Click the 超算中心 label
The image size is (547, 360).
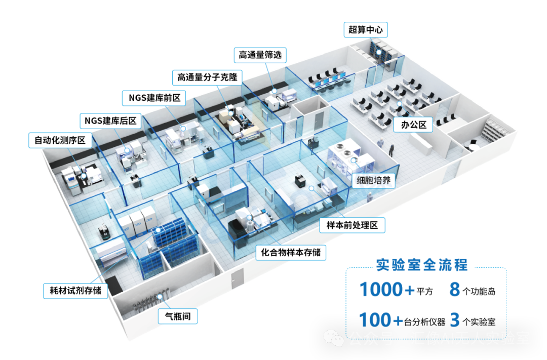click(365, 30)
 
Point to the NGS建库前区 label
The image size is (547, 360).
click(153, 98)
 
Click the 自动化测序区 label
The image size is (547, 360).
click(60, 140)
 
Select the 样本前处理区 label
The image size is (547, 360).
click(352, 225)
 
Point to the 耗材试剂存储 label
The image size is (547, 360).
click(75, 291)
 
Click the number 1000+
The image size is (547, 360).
click(387, 290)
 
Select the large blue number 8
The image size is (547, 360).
click(454, 290)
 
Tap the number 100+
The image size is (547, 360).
click(381, 320)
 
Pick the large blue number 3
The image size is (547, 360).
click(454, 320)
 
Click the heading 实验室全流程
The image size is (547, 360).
click(422, 264)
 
